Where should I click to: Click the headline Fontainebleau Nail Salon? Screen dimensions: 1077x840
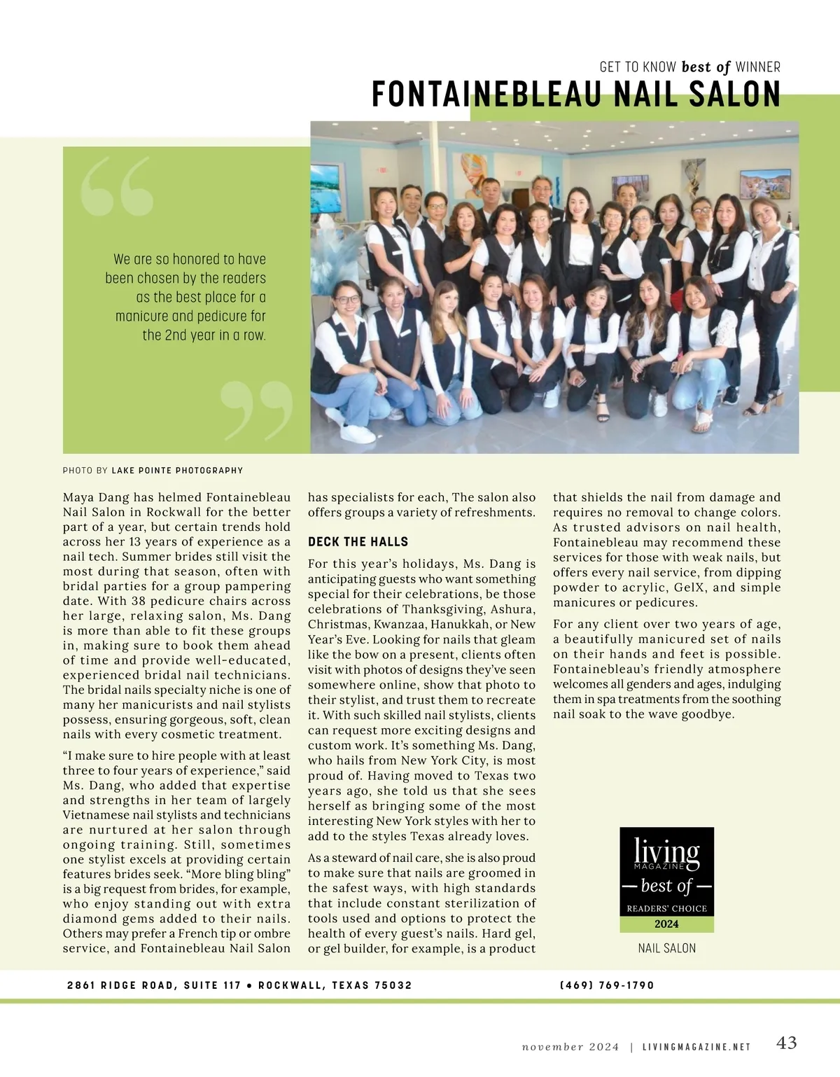575,95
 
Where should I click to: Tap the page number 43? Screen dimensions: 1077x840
787,1043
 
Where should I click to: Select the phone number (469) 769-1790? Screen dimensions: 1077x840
607,985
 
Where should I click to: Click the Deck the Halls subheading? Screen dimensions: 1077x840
358,542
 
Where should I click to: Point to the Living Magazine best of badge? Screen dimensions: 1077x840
666,880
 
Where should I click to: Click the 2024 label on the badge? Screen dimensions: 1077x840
666,924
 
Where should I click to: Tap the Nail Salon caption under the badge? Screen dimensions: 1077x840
666,949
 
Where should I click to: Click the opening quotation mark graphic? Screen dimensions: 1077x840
116,186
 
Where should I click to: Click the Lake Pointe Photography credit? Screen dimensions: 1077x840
177,471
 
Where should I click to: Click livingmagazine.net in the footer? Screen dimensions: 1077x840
696,1048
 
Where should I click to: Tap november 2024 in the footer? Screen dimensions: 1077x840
570,1048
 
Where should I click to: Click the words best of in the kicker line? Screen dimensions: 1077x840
706,67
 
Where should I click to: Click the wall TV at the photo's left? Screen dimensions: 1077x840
324,188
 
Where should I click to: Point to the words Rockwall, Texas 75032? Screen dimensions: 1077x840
335,985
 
